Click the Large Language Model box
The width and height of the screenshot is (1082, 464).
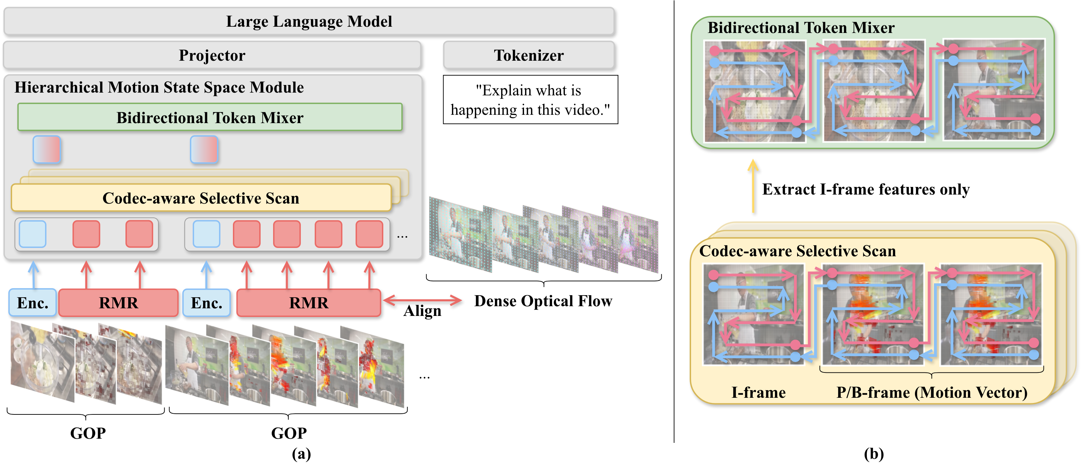(x=309, y=21)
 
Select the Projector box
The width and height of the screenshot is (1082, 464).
(x=212, y=55)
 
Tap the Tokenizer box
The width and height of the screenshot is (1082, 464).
(x=529, y=55)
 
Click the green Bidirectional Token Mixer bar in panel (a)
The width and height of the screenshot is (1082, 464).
(x=210, y=117)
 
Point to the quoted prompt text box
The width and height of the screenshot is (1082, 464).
(x=530, y=100)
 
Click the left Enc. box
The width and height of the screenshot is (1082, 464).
(x=33, y=303)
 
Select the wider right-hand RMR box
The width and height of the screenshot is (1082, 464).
(x=308, y=303)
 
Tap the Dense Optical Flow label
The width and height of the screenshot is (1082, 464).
(x=543, y=301)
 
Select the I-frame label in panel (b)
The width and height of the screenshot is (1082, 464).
(x=758, y=392)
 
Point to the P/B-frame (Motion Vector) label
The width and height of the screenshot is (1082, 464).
(x=932, y=392)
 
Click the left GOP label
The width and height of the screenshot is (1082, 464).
(x=87, y=433)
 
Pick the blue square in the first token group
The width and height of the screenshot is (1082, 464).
(x=33, y=234)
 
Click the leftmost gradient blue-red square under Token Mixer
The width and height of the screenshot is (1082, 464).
(x=47, y=149)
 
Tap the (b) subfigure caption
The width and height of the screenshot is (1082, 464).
(x=874, y=454)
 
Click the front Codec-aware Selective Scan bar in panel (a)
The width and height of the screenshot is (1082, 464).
(x=201, y=198)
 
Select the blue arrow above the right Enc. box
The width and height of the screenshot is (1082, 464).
(x=206, y=274)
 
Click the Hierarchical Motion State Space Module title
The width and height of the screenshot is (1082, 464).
(x=159, y=87)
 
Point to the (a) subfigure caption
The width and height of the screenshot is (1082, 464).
(x=301, y=454)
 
